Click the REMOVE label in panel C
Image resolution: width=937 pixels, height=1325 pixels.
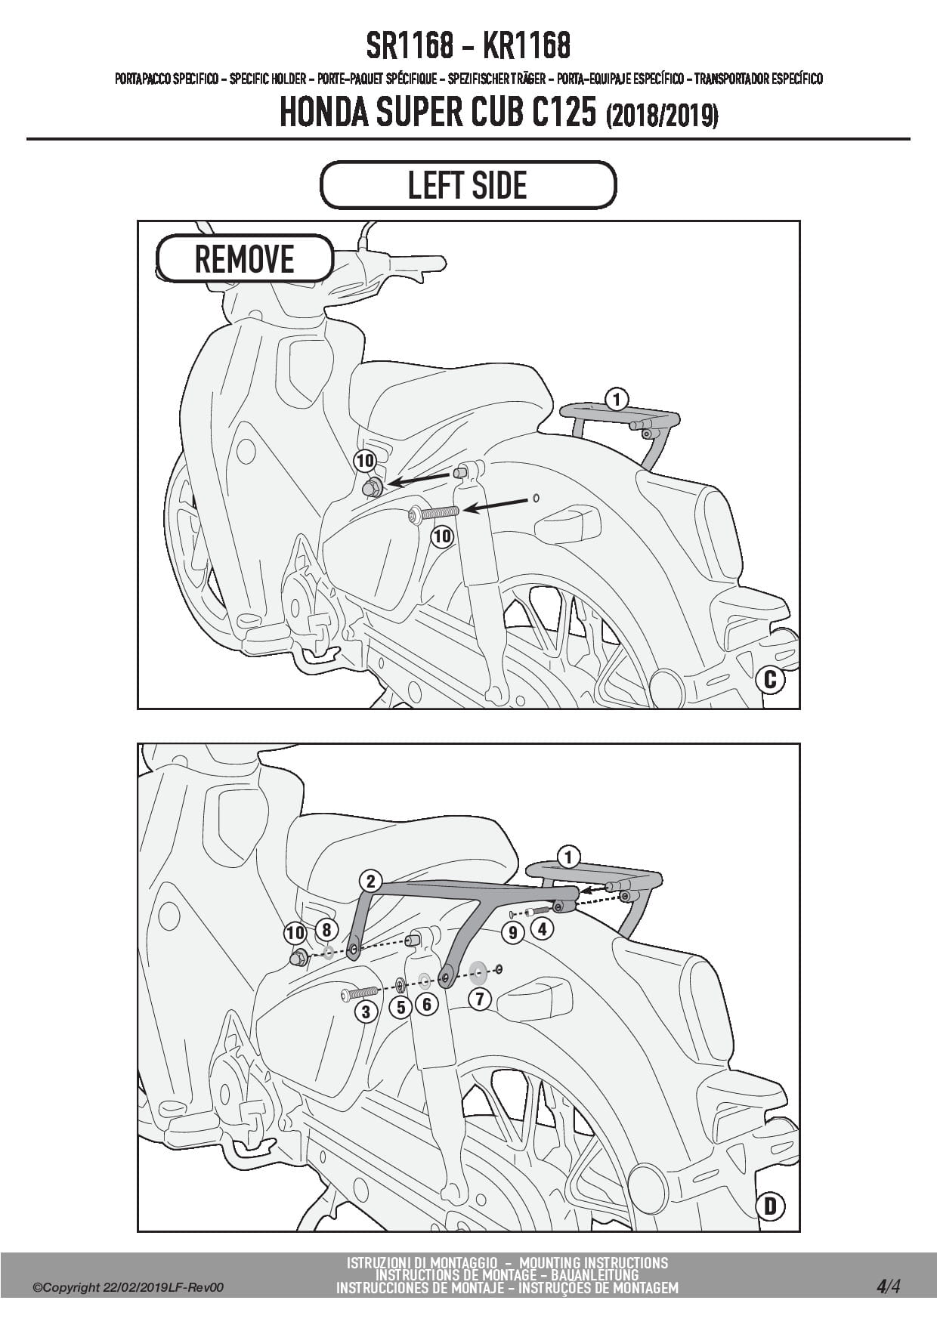click(244, 259)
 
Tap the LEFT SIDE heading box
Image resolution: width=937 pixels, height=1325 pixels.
click(468, 185)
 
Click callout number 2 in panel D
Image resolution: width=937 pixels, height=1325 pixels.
click(370, 881)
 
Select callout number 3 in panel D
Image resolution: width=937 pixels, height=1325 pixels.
click(366, 1011)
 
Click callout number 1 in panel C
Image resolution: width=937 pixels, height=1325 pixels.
click(617, 398)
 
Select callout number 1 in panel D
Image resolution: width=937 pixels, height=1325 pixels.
click(568, 857)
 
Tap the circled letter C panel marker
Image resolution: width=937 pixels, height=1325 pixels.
click(770, 679)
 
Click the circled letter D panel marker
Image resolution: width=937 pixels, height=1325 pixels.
click(770, 1206)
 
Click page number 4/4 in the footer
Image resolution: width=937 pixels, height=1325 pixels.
click(888, 1286)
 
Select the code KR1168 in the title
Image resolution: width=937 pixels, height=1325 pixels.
click(526, 46)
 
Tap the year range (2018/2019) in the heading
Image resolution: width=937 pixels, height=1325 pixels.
click(661, 116)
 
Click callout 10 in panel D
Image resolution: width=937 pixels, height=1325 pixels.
click(295, 934)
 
